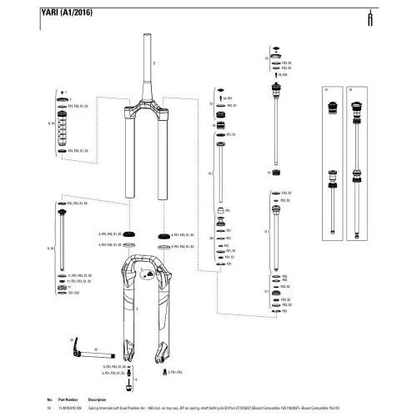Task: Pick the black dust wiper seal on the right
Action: pyautogui.click(x=162, y=236)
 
